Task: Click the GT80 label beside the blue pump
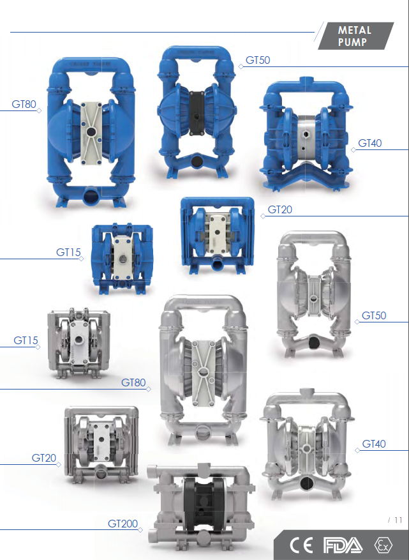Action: (x=24, y=104)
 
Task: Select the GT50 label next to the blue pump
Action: (x=258, y=61)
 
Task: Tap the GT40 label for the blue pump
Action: (x=369, y=143)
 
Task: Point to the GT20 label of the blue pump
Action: (x=280, y=209)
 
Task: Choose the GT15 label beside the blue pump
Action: (x=68, y=252)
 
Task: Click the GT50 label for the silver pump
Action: (x=374, y=315)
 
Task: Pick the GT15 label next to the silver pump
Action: (x=26, y=340)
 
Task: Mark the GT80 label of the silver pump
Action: (x=133, y=382)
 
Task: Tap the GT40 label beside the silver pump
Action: (x=374, y=444)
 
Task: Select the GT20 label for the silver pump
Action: (x=44, y=458)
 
